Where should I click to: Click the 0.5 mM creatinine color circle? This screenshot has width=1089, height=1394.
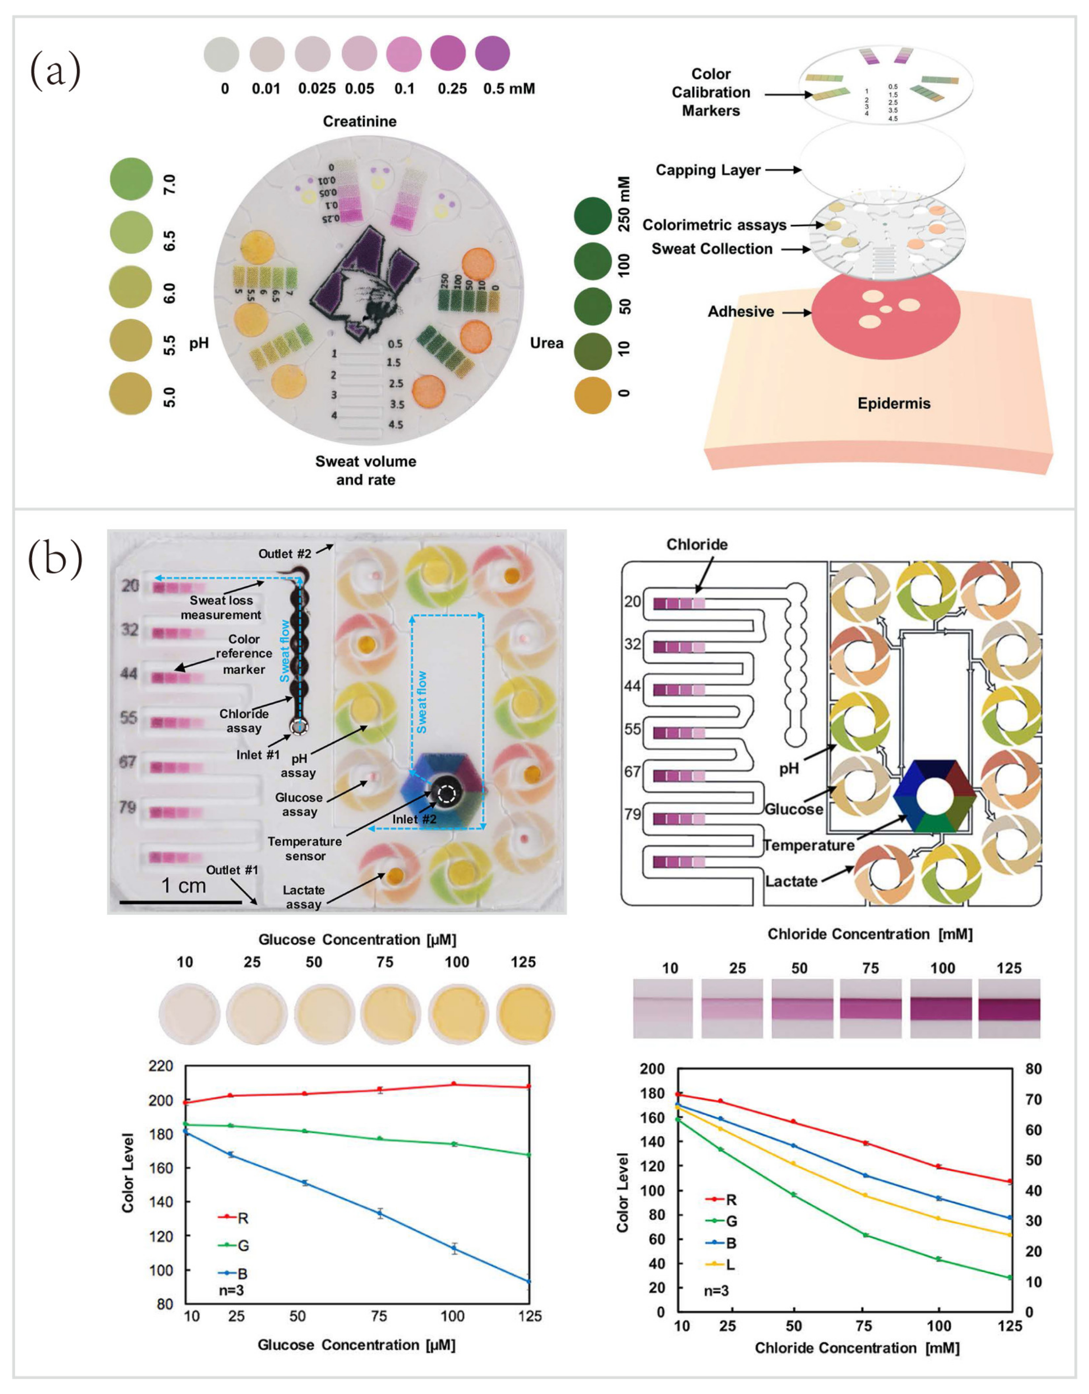click(492, 53)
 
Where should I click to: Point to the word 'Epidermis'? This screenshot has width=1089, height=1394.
click(893, 403)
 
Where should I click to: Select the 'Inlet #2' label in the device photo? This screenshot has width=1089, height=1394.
click(414, 819)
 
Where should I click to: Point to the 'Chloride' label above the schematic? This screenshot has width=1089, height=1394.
click(697, 544)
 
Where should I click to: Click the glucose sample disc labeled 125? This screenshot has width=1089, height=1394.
click(525, 1013)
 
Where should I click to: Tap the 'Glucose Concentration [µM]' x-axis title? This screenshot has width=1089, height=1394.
click(356, 1344)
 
